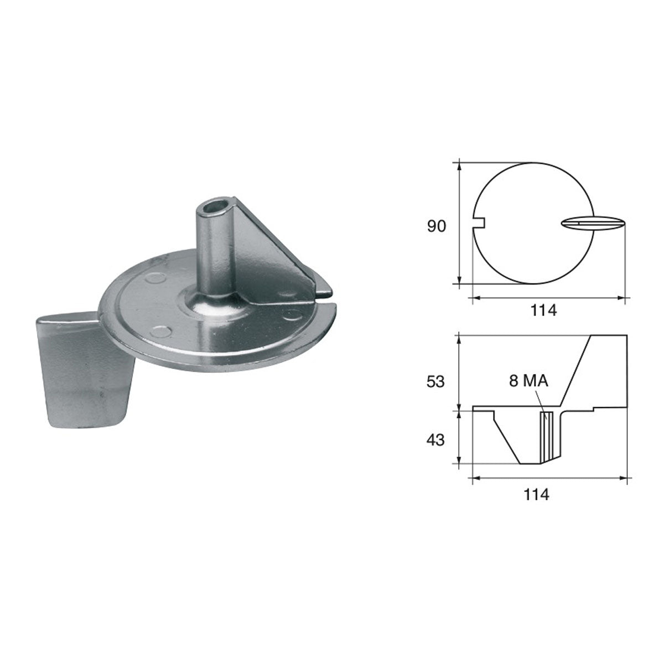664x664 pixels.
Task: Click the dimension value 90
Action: click(x=436, y=226)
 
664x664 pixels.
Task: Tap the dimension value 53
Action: click(x=435, y=382)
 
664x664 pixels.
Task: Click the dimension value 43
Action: click(x=435, y=440)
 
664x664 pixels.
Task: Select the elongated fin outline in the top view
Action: click(x=592, y=223)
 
